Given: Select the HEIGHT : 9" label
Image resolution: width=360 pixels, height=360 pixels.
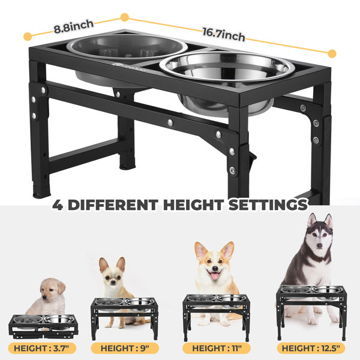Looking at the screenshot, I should [130, 347].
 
